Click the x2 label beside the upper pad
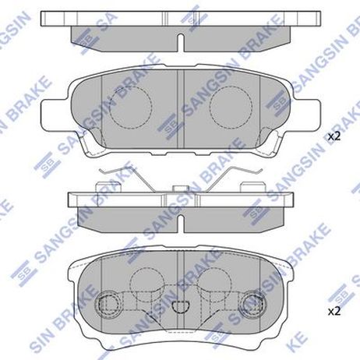pos(334,137)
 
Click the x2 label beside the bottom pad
pos(334,312)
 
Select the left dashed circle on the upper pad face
pos(130,107)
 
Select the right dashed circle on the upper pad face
pos(231,107)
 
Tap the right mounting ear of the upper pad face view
pos(306,115)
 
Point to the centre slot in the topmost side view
pos(181,42)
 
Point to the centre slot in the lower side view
pos(181,224)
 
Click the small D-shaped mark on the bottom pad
pos(181,307)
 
